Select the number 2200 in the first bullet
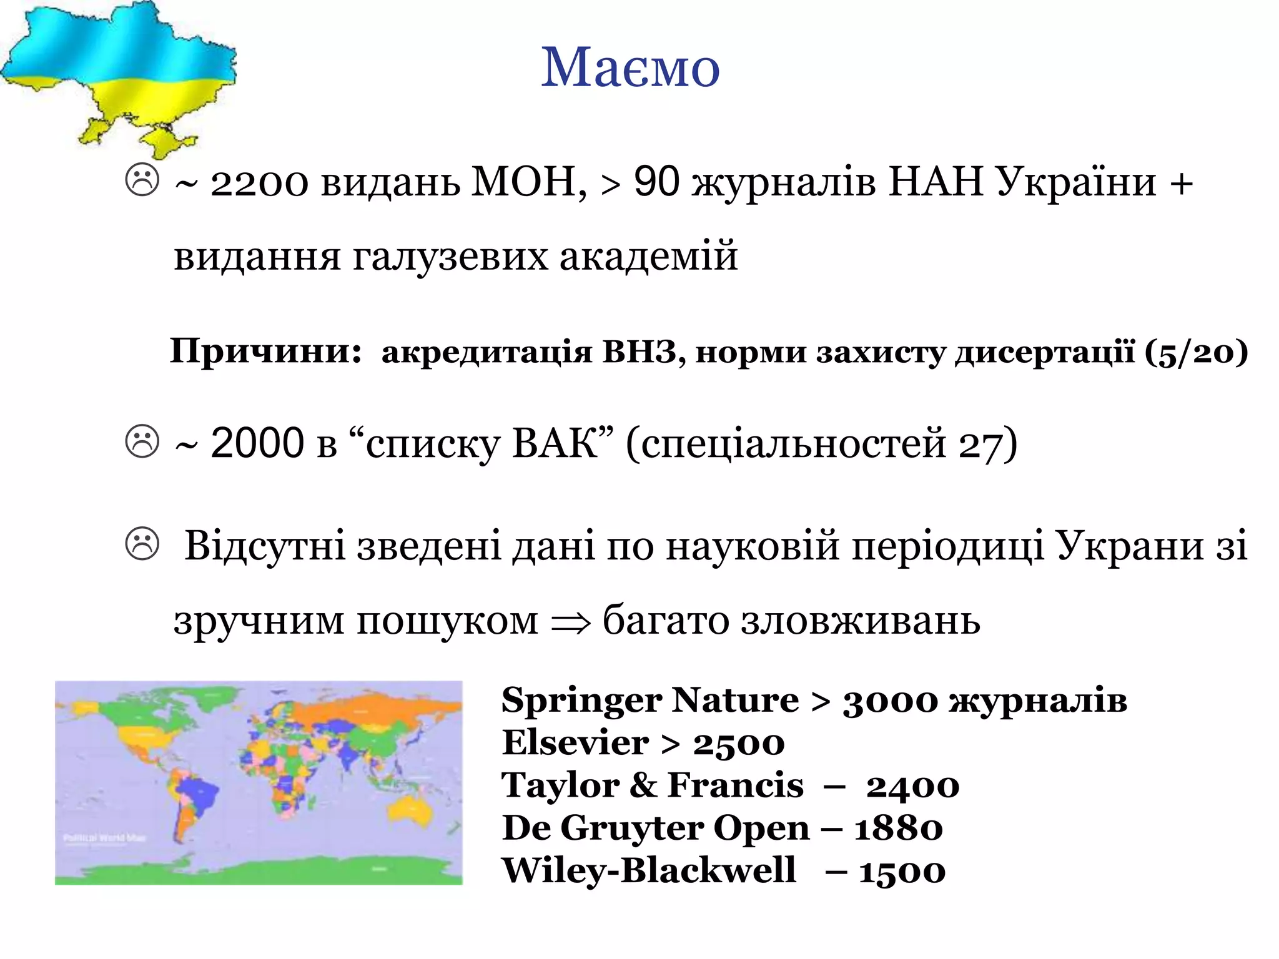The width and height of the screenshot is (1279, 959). click(259, 184)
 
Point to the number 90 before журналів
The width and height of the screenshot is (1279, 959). click(656, 182)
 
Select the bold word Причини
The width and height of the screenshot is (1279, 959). click(265, 352)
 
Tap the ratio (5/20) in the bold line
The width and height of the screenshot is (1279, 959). click(1196, 352)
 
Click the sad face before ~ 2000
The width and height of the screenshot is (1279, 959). click(142, 441)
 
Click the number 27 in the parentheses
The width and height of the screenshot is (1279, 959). click(980, 445)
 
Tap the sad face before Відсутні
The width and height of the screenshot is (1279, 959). click(142, 543)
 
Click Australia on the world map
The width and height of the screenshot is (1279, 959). click(411, 812)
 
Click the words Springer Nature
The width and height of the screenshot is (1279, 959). click(650, 701)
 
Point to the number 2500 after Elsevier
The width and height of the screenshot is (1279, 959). click(739, 744)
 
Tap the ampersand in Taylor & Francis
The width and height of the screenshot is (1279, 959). click(643, 785)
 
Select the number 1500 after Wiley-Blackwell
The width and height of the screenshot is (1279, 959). click(902, 872)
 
